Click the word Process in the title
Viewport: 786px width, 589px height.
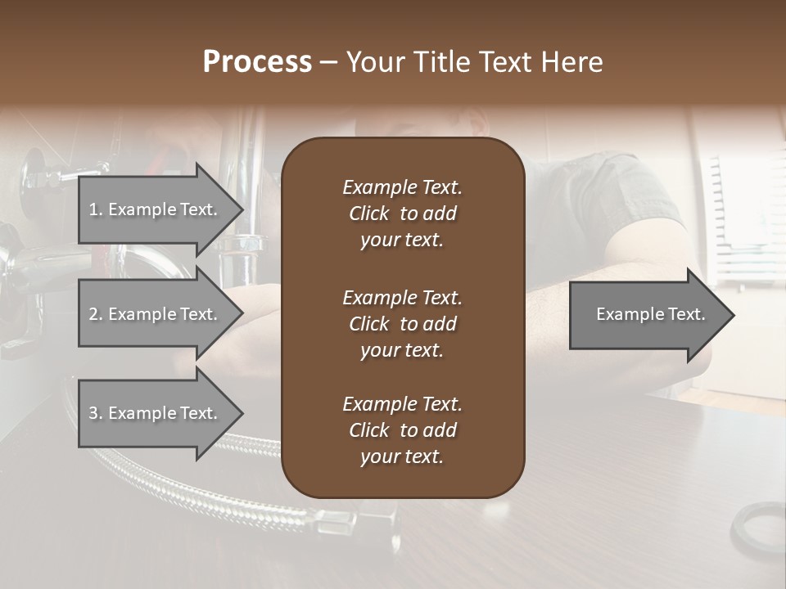click(257, 62)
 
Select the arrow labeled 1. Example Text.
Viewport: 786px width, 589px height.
click(156, 209)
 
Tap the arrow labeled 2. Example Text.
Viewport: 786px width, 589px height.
click(156, 314)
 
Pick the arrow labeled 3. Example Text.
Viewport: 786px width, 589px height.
click(156, 413)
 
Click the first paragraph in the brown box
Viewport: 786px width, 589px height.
click(402, 214)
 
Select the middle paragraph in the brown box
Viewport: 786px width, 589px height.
click(402, 324)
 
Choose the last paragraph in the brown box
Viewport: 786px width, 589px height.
click(402, 430)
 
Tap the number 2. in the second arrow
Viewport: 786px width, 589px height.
click(95, 314)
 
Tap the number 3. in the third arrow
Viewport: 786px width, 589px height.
click(95, 413)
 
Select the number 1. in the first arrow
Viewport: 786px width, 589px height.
click(95, 209)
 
